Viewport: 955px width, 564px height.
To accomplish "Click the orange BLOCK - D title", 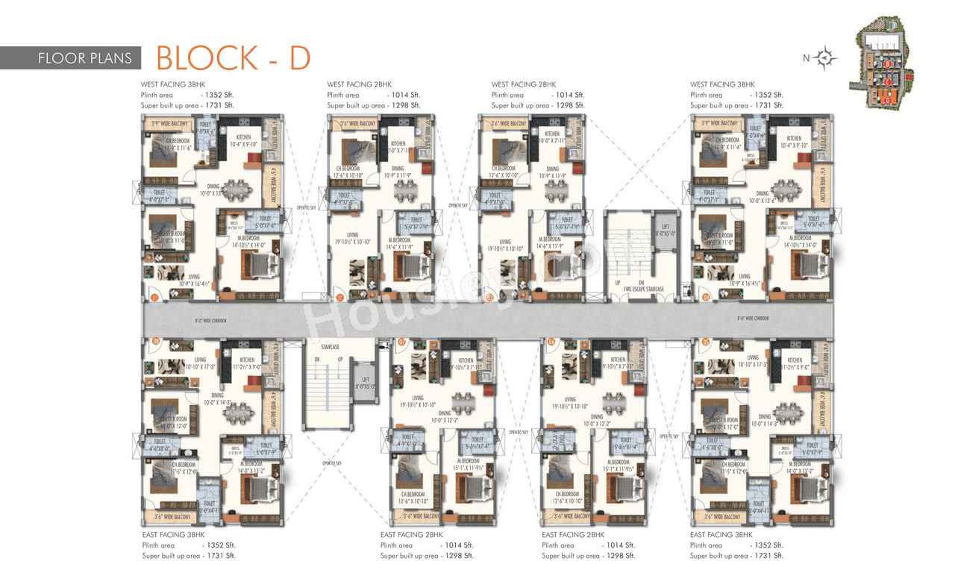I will tap(233, 57).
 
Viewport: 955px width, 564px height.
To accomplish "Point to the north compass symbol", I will tap(826, 58).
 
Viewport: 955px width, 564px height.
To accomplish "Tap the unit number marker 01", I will tap(154, 298).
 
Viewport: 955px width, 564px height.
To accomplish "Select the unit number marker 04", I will tap(706, 298).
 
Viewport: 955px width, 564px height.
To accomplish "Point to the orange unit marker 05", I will tap(706, 342).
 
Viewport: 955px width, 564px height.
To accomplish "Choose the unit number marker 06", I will tap(551, 342).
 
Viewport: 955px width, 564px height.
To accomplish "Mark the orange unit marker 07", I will tap(401, 342).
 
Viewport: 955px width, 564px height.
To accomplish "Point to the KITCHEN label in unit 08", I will tap(247, 360).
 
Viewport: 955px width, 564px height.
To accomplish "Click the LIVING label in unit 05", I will tap(752, 358).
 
